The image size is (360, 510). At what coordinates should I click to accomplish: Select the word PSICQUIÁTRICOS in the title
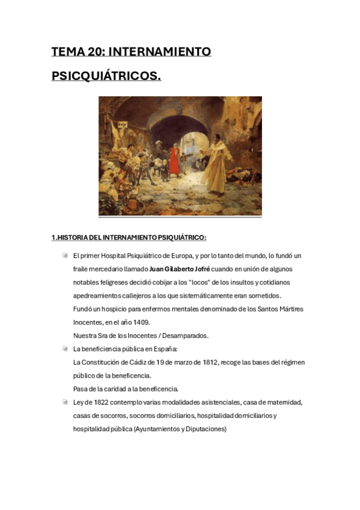tap(106, 76)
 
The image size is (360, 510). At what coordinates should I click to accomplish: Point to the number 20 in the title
tap(94, 52)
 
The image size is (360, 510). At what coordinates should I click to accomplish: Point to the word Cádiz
tap(136, 362)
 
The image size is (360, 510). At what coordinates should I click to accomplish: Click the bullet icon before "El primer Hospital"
tap(65, 256)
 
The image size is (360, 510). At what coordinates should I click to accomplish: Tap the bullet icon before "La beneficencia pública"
tap(65, 349)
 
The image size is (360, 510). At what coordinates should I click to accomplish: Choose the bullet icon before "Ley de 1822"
tap(65, 402)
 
